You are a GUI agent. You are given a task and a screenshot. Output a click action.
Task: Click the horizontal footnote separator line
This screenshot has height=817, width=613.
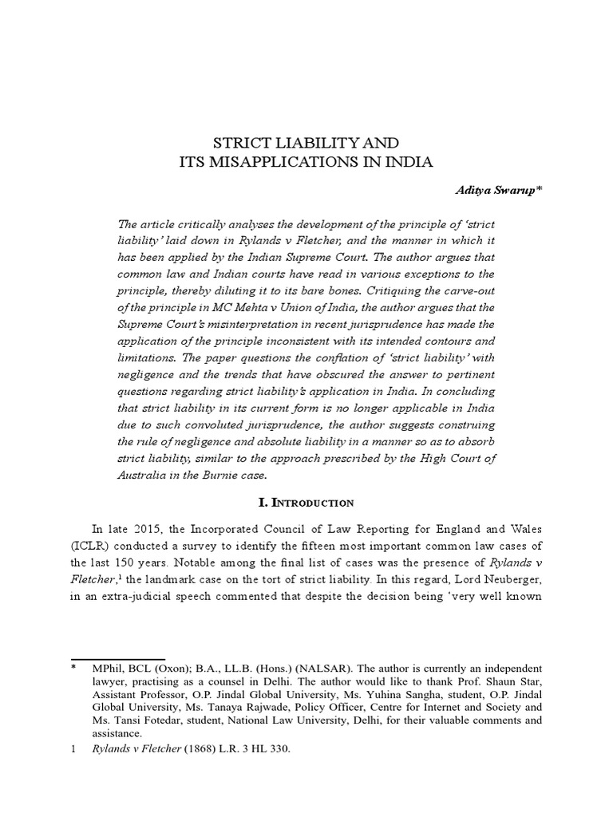117,659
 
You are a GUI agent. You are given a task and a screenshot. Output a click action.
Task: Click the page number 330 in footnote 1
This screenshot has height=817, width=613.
276,750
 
